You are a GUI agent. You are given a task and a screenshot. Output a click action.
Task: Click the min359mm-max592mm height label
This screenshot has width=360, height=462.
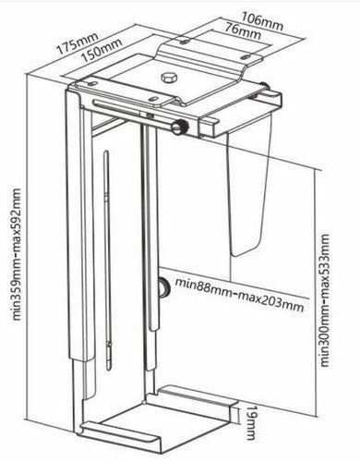pyautogui.click(x=15, y=252)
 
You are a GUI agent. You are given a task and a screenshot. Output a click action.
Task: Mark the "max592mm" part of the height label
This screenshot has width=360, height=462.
pyautogui.click(x=15, y=218)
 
